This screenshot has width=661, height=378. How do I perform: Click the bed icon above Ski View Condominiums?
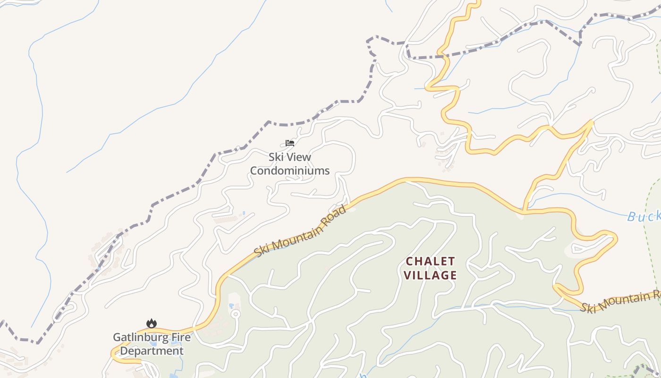pos(290,143)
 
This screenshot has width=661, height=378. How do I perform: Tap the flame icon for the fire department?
pos(151,323)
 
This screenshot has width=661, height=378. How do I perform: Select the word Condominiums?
pos(289,171)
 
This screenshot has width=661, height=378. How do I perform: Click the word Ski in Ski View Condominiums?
pos(276,157)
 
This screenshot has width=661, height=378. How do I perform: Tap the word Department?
pos(151,351)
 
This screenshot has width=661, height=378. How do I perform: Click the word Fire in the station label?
pos(181,337)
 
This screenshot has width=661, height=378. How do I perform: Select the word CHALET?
pos(431,261)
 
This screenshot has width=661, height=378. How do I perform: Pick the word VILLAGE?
pos(431,275)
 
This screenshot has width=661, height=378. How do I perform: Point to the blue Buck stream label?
pos(644,216)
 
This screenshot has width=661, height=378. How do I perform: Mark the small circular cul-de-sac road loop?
pos(235,313)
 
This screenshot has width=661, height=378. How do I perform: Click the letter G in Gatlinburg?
pos(117,337)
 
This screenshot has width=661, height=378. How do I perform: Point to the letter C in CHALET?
pos(410,261)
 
